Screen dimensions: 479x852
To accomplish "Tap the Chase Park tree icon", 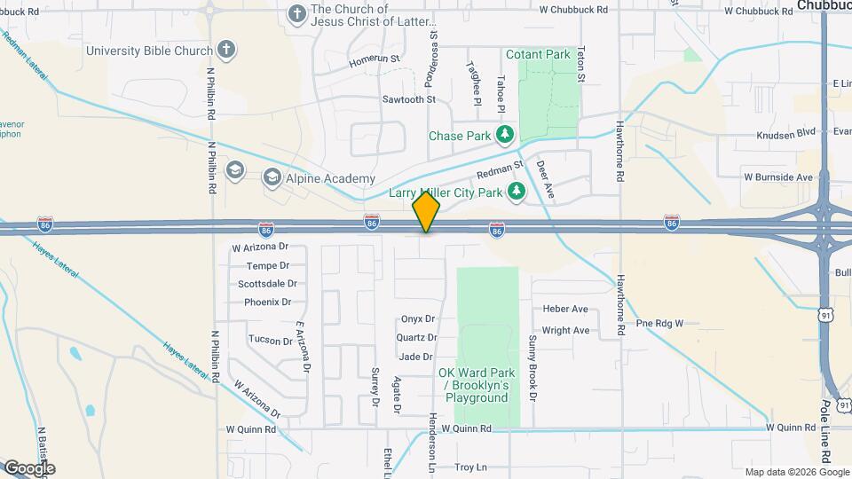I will coord(505,136).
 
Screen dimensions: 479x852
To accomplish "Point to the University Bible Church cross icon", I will coord(226,50).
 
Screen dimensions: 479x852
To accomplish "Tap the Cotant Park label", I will coord(538,55).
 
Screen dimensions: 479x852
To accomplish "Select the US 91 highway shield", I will coord(826,314).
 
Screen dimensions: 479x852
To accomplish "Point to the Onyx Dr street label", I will coord(418,318).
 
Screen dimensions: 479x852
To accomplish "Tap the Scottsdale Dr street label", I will coord(267,284).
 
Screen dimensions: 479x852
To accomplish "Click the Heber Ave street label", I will coord(565,310).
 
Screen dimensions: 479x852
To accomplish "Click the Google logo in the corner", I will coord(29,467).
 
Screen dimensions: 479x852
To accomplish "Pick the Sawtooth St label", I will coord(408,99).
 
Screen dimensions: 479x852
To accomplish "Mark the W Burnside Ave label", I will coord(778,177).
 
